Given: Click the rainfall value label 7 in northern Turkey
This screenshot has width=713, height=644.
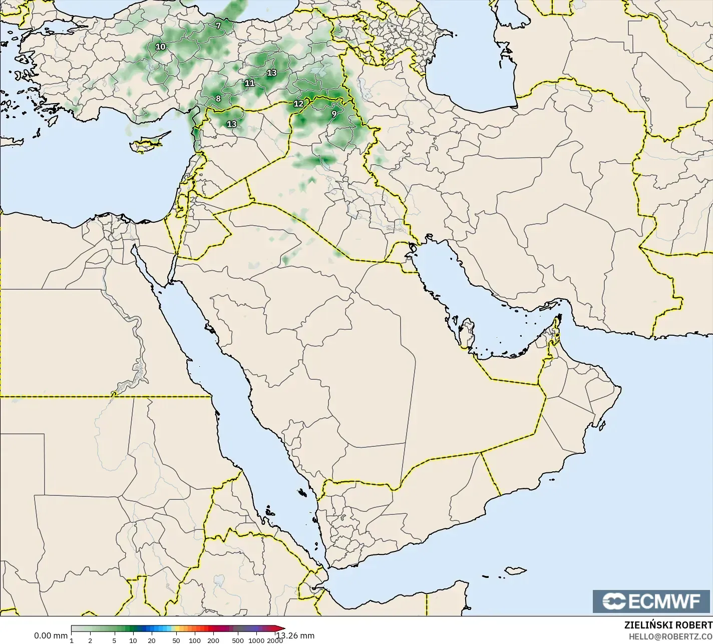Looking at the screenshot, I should (218, 26).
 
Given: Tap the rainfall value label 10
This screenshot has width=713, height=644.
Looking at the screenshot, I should (160, 47).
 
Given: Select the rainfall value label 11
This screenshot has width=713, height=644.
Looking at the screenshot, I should (249, 83).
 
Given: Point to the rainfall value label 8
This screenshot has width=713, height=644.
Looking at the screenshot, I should (218, 99).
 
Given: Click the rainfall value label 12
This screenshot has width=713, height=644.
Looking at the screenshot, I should (298, 104).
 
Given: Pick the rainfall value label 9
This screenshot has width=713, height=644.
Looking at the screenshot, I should (333, 114).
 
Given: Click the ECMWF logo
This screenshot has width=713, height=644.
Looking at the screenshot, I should (652, 601).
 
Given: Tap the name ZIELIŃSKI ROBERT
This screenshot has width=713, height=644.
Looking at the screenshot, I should (668, 625).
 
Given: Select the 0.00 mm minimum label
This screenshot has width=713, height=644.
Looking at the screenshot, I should (50, 635).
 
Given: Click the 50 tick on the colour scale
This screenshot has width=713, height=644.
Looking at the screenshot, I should (176, 640).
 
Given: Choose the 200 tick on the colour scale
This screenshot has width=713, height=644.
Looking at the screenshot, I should (213, 640).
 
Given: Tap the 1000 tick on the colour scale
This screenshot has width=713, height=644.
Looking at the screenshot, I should (256, 640).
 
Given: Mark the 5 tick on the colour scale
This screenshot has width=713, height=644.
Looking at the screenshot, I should (114, 640).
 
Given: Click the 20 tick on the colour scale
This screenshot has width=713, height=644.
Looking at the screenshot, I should (151, 640).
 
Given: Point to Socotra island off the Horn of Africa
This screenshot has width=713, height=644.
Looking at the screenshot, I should (515, 570).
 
